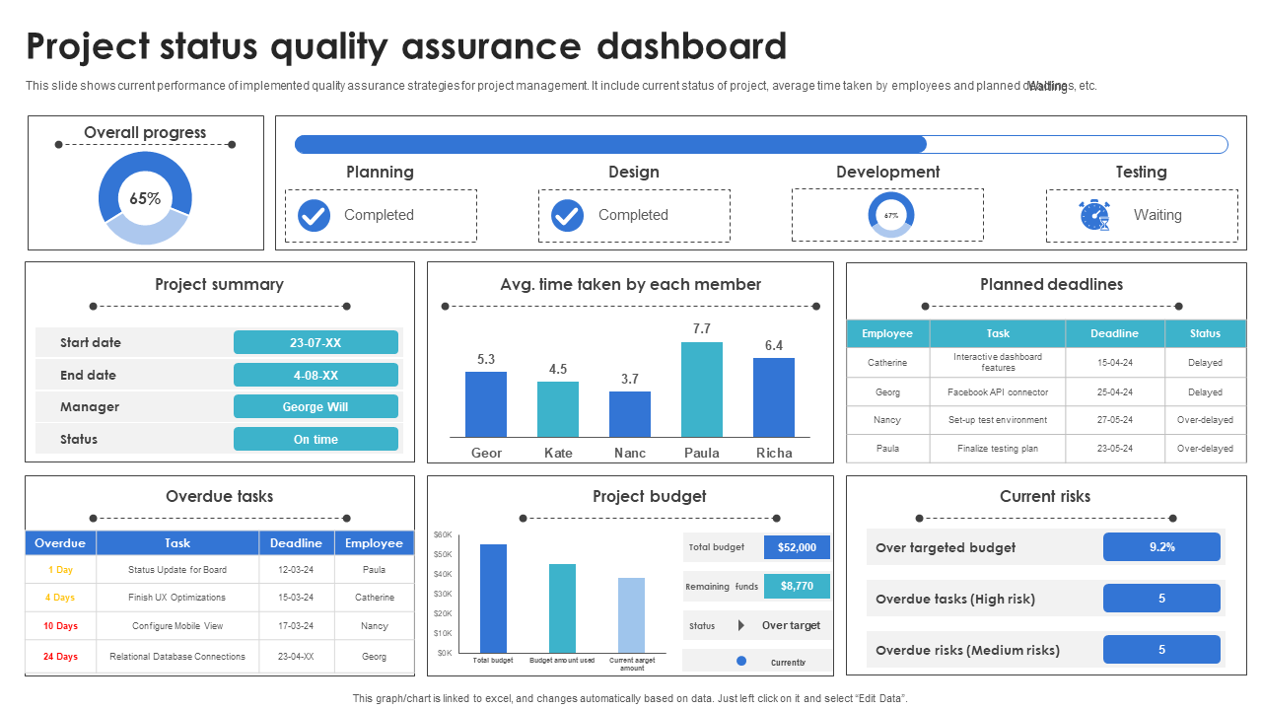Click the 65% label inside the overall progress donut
(x=145, y=198)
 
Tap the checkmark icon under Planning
(x=314, y=215)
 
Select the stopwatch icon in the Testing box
(x=1094, y=215)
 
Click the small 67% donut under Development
(x=890, y=215)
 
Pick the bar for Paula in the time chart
(x=701, y=390)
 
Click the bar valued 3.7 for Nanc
(x=630, y=414)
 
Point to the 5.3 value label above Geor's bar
(x=486, y=360)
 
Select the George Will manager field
(x=315, y=406)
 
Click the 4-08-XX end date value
(x=315, y=375)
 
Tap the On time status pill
(x=315, y=439)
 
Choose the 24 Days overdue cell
(x=60, y=656)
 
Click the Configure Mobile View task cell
(x=177, y=625)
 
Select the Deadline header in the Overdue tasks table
(x=296, y=543)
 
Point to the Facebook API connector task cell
(x=998, y=391)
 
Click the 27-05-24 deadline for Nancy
(x=1114, y=420)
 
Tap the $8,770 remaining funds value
(x=797, y=586)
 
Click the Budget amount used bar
(x=562, y=607)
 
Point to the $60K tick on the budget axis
(x=443, y=534)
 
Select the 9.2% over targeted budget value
(x=1161, y=547)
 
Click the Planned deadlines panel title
(x=1051, y=284)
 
